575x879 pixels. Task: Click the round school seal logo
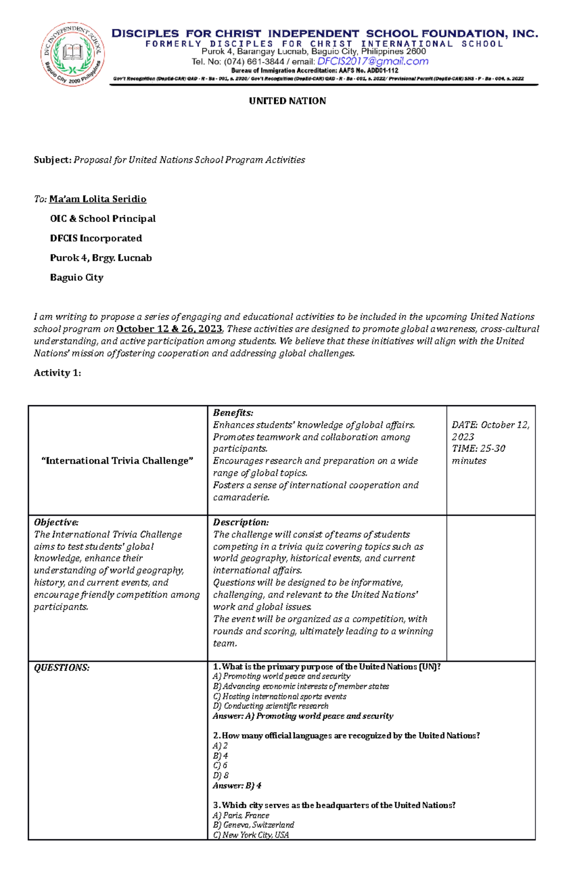pos(72,54)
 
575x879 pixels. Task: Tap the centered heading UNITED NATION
pos(287,101)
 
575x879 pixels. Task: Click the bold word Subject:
pos(52,160)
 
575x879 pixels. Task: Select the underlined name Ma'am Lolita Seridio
pos(98,199)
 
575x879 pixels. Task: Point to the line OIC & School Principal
pos(103,219)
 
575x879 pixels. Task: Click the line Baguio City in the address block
pos(77,278)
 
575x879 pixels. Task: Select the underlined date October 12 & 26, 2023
pos(170,329)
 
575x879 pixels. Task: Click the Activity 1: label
pos(57,373)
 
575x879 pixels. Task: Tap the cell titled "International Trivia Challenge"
pos(117,461)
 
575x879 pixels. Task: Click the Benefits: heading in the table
pos(233,413)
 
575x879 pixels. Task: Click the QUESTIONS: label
pos(61,668)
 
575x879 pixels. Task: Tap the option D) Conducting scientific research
pos(270,706)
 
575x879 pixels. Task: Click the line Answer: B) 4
pos(237,786)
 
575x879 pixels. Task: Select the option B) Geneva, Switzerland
pos(253,825)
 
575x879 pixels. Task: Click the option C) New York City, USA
pos(251,835)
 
